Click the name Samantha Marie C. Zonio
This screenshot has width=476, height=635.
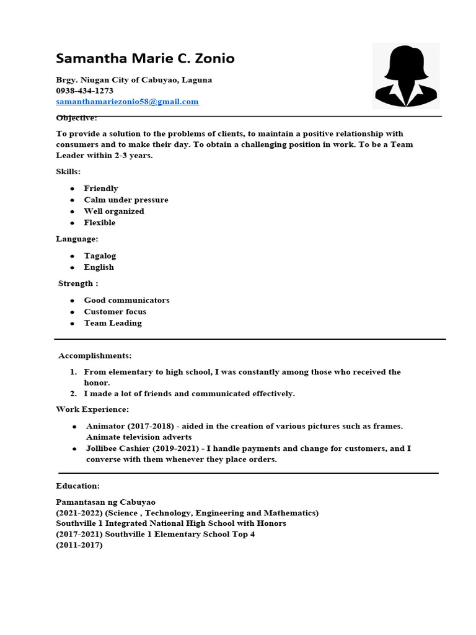click(145, 59)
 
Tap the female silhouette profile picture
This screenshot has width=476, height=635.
click(406, 76)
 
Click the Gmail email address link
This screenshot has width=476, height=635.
click(127, 102)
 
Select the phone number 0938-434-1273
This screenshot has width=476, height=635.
click(84, 91)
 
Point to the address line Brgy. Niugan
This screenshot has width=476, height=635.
click(134, 79)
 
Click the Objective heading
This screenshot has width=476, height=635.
click(76, 118)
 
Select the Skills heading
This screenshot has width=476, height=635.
click(68, 171)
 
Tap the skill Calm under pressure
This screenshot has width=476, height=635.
click(126, 200)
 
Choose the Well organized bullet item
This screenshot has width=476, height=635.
click(114, 211)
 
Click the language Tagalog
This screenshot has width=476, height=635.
click(100, 255)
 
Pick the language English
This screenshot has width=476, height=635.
click(99, 267)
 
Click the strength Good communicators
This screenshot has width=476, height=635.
click(126, 300)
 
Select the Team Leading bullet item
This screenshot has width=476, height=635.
click(113, 323)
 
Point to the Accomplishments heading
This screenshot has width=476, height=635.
click(95, 356)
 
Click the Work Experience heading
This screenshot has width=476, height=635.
click(92, 409)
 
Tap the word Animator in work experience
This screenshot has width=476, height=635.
click(105, 426)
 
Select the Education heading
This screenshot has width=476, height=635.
click(77, 486)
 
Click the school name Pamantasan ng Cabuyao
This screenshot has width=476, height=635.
click(105, 502)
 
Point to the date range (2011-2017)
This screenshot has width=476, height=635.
click(79, 545)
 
